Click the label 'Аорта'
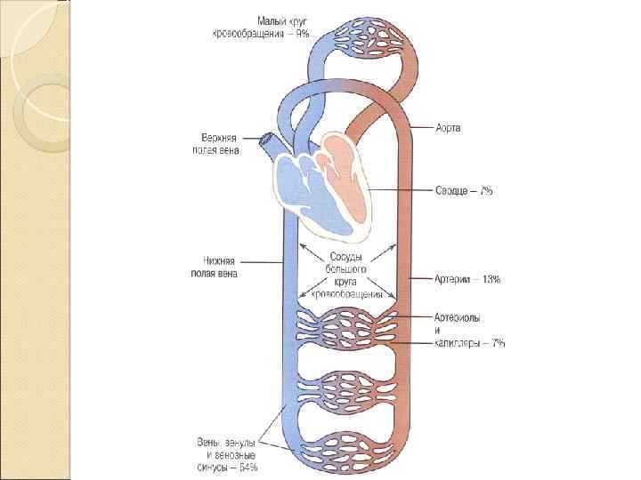[x=448, y=128]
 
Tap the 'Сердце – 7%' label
[x=464, y=191]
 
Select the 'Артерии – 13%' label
[x=467, y=279]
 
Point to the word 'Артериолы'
[x=458, y=317]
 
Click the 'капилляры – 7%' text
[x=470, y=343]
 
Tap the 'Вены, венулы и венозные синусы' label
[x=227, y=453]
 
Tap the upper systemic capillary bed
[x=344, y=328]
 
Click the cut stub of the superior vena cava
[x=266, y=140]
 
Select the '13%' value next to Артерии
[x=491, y=279]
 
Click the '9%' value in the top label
[x=302, y=33]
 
